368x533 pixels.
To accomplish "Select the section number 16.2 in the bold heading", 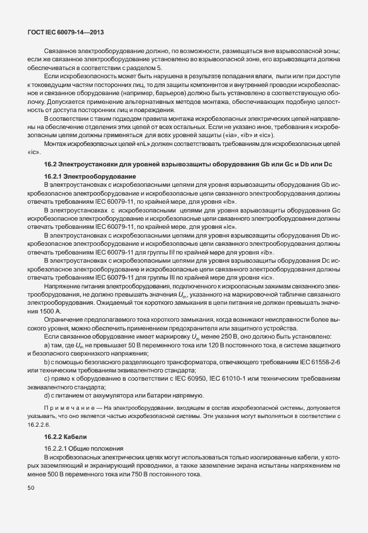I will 50,165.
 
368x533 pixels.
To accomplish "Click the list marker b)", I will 47,363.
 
